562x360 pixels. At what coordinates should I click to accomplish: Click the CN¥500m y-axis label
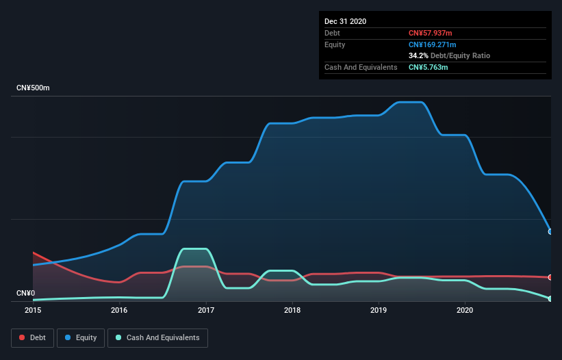click(34, 88)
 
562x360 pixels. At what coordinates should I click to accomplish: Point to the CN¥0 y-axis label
click(25, 294)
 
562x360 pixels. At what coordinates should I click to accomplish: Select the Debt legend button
click(32, 337)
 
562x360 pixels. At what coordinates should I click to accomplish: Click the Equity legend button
click(81, 337)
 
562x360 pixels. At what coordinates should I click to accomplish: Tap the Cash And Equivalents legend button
click(157, 337)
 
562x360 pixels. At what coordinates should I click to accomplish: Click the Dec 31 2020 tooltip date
click(345, 21)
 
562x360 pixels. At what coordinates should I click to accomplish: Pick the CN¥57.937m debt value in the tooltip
click(431, 33)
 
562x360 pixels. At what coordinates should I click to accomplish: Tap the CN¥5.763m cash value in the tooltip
click(429, 67)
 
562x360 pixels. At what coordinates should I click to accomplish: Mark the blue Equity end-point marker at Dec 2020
click(550, 231)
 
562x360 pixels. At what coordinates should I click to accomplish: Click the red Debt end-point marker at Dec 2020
click(550, 277)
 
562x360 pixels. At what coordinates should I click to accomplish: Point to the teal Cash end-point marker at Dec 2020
click(550, 298)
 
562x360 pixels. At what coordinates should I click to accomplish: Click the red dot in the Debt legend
click(23, 337)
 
